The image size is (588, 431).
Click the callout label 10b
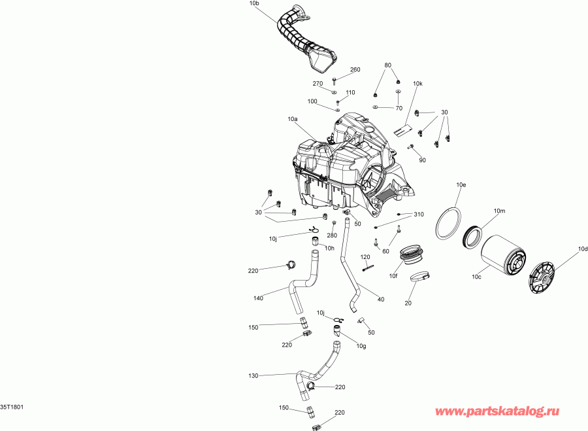point(254,4)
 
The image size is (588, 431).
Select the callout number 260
point(355,70)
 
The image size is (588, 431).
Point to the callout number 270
point(318,84)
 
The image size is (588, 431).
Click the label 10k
point(417,84)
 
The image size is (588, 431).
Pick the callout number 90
point(422,160)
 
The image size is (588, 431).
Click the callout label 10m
point(499,211)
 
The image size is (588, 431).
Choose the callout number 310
point(419,215)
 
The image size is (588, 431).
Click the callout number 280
point(332,235)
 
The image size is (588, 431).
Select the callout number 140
point(257,298)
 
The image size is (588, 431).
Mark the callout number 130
point(253,376)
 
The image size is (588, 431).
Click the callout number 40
point(380,299)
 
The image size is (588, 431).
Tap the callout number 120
point(366,257)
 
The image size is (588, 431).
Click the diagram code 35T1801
point(13,407)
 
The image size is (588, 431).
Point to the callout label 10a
point(292,120)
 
